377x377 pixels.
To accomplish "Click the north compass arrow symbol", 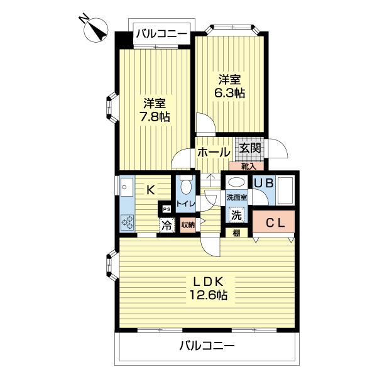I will pos(96,30).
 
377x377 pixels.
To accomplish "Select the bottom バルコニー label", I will pos(206,345).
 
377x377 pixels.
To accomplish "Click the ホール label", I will pos(213,152).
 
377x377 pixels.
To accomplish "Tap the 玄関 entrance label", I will pos(249,149).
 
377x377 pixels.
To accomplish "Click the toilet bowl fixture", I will pos(185,186).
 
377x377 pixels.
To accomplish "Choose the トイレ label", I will pos(186,204).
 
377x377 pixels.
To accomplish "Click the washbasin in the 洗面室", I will pos(236,183).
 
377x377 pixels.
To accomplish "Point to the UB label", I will pos(262,182).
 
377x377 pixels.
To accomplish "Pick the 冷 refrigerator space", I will pos(167,224).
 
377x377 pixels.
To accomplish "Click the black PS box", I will pos(167,209).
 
